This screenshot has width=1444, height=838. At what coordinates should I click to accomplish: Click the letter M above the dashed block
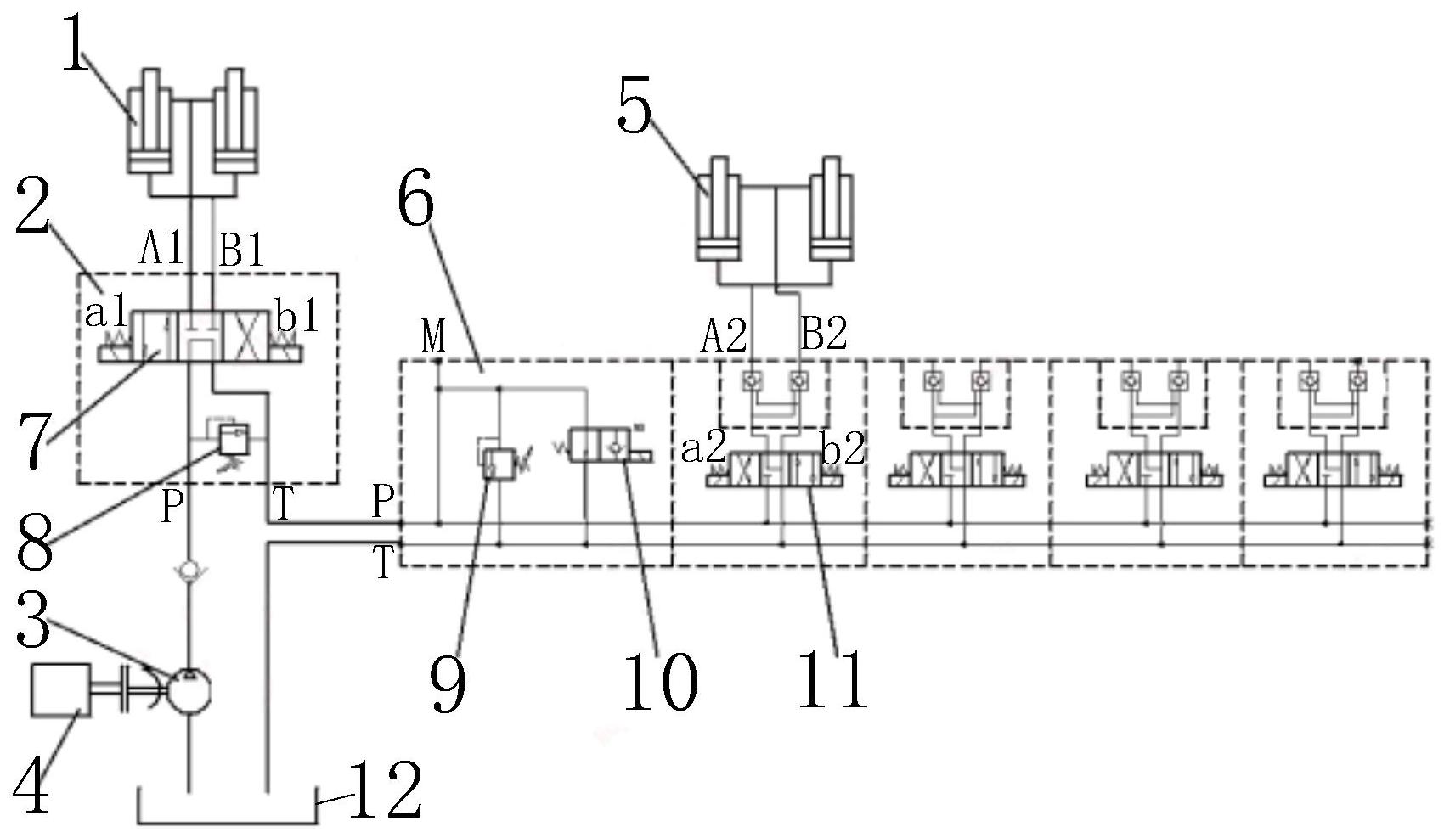pyautogui.click(x=433, y=336)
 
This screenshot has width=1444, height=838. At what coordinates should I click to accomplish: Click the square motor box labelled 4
pyautogui.click(x=60, y=689)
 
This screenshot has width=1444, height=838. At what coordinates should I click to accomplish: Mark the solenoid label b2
pyautogui.click(x=843, y=448)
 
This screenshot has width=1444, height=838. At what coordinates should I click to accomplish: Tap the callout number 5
pyautogui.click(x=634, y=110)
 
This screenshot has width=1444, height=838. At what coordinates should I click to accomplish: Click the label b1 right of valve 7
pyautogui.click(x=298, y=316)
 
